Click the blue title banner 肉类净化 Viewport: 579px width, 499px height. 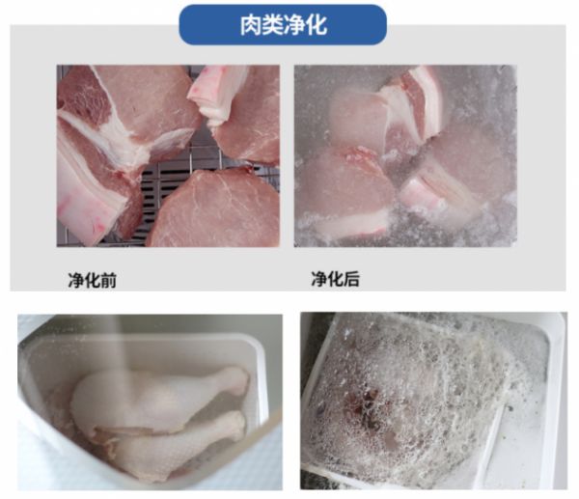(283, 25)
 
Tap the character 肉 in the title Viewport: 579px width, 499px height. (251, 25)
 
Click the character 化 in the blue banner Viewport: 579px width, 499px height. (317, 25)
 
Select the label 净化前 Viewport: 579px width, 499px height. (93, 280)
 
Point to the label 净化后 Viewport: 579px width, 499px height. (335, 279)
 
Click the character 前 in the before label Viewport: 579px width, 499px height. (108, 280)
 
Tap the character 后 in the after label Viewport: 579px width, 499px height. (351, 279)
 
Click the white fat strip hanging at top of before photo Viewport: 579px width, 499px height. (218, 95)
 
